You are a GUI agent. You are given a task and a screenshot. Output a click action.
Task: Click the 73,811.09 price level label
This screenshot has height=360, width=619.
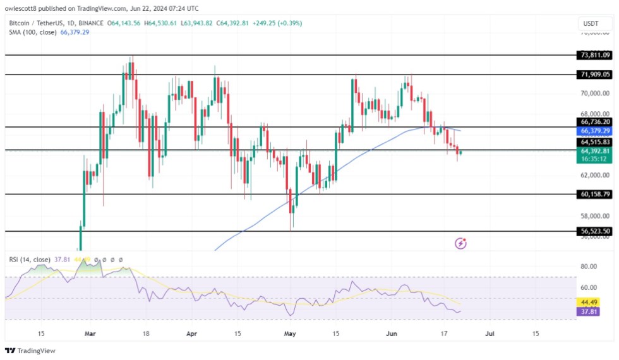[594, 55]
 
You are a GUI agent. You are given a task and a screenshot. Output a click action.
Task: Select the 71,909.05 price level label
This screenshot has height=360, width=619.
[594, 75]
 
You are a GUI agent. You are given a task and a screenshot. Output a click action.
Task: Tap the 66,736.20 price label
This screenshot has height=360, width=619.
[594, 122]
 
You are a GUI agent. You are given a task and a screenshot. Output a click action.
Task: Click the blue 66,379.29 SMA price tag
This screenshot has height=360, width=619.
[594, 131]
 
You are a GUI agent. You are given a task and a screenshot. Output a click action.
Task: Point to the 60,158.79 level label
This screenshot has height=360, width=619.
[594, 195]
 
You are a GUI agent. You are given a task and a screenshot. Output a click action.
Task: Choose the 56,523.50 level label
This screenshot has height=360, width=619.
[594, 231]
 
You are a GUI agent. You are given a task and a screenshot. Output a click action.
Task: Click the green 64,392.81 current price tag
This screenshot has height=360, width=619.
[594, 152]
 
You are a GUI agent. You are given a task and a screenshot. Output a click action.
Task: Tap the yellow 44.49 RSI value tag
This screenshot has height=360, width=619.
[594, 303]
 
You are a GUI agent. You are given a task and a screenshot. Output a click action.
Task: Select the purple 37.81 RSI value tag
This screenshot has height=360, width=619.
[594, 311]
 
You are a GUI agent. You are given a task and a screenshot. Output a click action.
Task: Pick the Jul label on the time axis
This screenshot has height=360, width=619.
[488, 333]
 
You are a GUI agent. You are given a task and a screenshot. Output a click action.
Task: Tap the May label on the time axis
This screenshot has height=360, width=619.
[290, 333]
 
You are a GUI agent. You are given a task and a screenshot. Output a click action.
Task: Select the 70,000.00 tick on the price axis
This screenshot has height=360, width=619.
[594, 93]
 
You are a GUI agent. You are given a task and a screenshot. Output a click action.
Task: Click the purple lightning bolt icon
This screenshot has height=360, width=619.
[461, 243]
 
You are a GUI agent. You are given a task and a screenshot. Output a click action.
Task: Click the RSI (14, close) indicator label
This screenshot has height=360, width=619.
[30, 259]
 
